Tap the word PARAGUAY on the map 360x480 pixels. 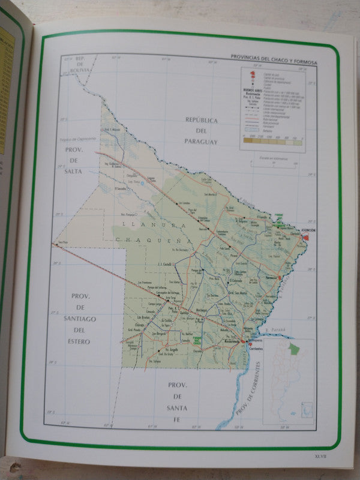[x=202, y=142]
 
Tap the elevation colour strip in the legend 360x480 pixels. [x=273, y=143]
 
